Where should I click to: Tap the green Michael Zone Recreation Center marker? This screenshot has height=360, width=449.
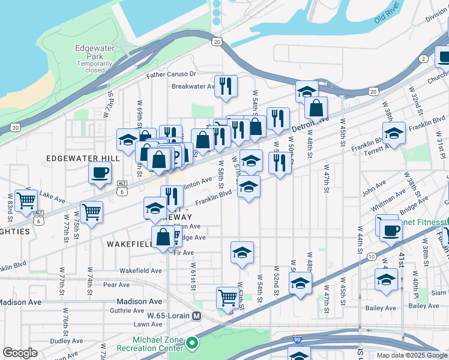pos(192,344)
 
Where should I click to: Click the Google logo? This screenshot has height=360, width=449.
pos(20,353)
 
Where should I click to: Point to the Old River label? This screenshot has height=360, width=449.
pos(387,17)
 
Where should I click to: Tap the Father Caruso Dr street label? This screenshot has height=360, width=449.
pos(172,74)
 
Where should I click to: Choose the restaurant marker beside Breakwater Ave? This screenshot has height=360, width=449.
pos(226,85)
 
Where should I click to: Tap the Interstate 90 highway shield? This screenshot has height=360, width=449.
pos(297,340)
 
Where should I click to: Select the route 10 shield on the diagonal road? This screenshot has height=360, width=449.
pos(372,257)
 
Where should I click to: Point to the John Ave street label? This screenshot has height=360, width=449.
pos(373,187)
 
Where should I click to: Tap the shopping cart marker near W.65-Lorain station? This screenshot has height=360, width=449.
pos(228,297)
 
